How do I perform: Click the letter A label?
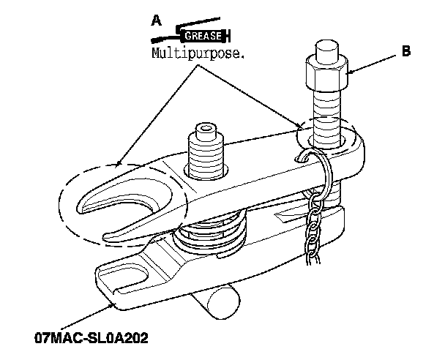point(156,21)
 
